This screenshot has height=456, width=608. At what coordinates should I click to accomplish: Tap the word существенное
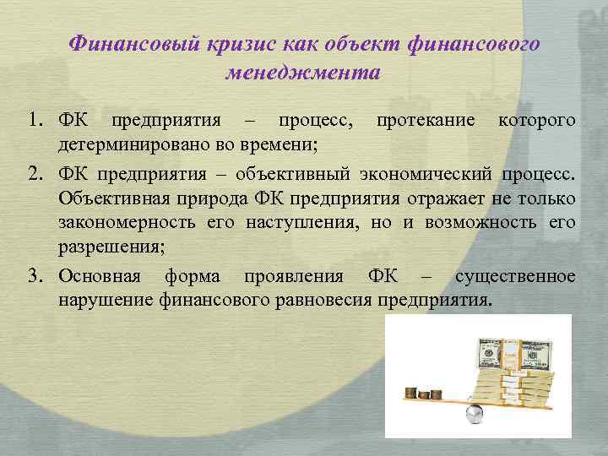point(515,277)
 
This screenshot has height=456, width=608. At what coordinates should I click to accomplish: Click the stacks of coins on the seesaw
point(422,393)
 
